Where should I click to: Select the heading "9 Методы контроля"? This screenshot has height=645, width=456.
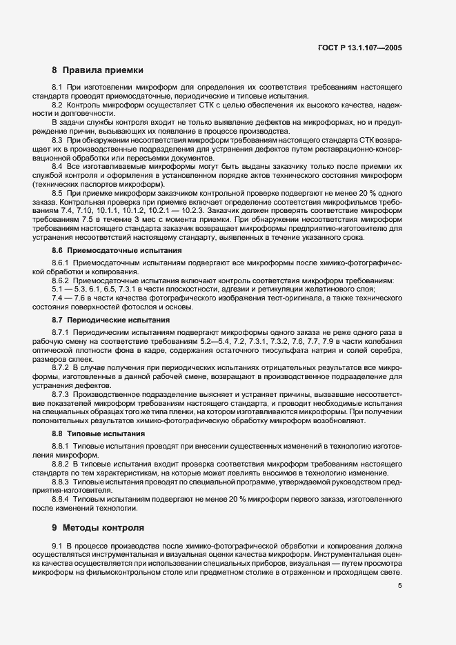click(x=98, y=529)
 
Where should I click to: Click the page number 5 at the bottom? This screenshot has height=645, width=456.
click(x=400, y=586)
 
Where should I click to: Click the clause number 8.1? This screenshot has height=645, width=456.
click(x=57, y=88)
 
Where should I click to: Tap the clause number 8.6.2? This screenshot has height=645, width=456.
click(x=61, y=280)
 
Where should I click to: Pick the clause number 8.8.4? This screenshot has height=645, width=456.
click(x=61, y=498)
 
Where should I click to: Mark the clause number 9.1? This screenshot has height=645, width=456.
click(x=57, y=546)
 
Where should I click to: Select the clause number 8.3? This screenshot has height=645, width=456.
click(x=57, y=139)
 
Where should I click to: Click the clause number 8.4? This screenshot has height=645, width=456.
click(x=57, y=166)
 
